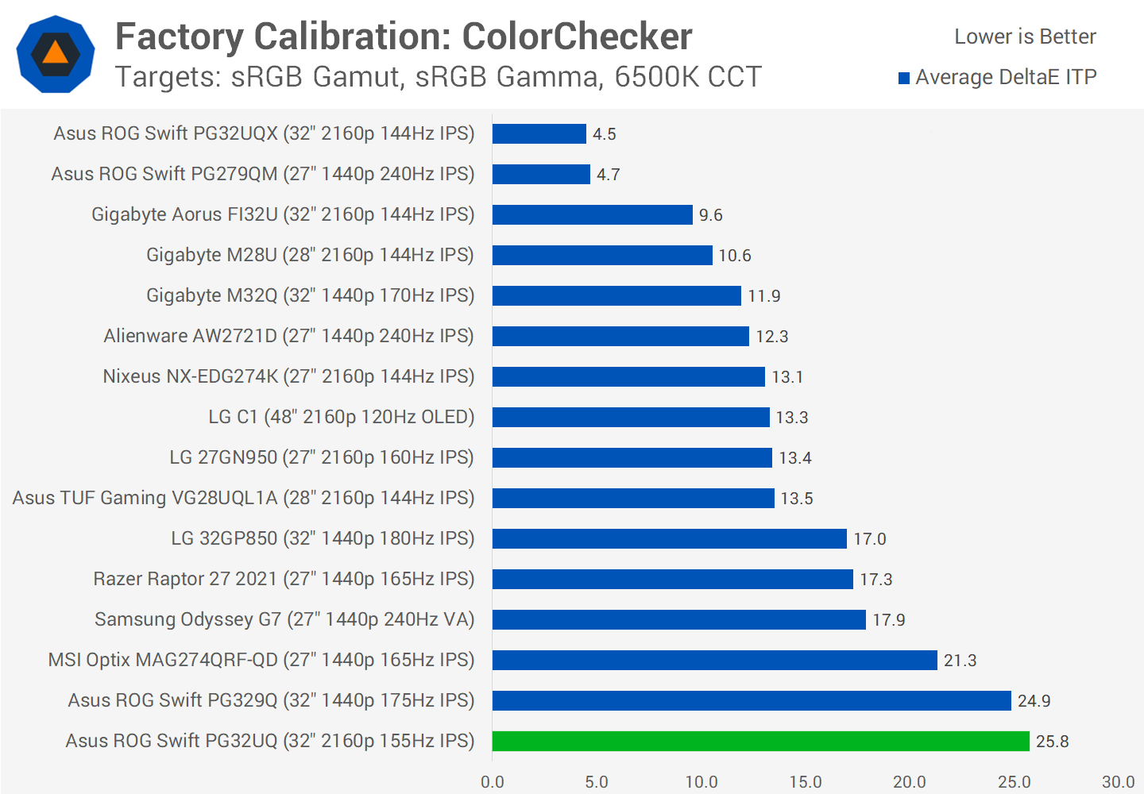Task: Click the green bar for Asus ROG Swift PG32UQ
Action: (761, 741)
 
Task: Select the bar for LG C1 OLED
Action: (631, 417)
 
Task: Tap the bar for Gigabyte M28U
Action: (602, 255)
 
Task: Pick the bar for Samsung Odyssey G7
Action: (679, 619)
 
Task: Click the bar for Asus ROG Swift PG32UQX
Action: (539, 133)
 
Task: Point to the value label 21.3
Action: (960, 661)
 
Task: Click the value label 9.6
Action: (710, 215)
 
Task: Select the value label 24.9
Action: (1034, 701)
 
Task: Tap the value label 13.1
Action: (787, 377)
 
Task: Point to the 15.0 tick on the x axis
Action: (806, 782)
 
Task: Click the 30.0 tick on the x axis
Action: (1118, 782)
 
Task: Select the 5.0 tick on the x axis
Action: (597, 782)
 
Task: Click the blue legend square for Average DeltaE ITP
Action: (904, 78)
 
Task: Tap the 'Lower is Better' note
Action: (1025, 37)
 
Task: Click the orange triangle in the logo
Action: (56, 52)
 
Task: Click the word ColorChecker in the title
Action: (577, 37)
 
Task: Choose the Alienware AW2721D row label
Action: (288, 336)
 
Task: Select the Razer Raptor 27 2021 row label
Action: (284, 579)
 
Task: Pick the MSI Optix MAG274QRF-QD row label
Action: (261, 660)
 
